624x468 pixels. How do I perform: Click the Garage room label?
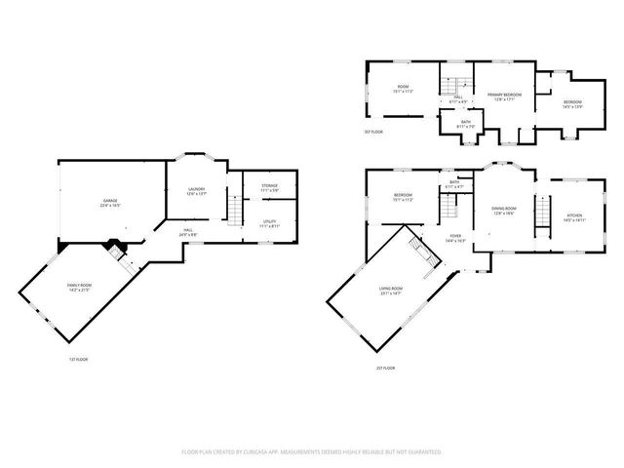(x=104, y=203)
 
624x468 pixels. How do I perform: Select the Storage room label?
(x=269, y=186)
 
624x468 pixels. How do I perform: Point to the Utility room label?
(x=269, y=223)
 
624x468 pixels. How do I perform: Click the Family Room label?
(x=78, y=288)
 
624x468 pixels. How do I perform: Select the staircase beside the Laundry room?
(x=234, y=207)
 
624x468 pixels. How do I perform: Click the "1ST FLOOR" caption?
(x=79, y=360)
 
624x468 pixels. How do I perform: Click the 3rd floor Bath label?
(x=465, y=124)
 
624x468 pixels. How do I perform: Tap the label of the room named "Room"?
(x=403, y=89)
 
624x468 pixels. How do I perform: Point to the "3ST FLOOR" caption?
(x=373, y=132)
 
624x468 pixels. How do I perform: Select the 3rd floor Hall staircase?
(x=453, y=84)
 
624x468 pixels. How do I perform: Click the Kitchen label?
(x=573, y=219)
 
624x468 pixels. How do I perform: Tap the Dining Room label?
(x=503, y=211)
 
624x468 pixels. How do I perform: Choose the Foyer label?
(x=454, y=237)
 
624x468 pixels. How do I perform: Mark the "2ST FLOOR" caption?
(x=385, y=368)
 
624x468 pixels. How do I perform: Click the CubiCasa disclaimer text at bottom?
(x=312, y=451)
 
